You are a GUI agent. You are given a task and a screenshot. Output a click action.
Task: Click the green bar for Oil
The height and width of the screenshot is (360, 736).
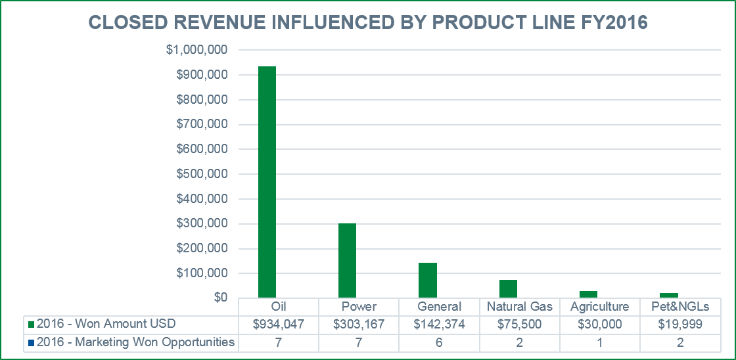point(267,182)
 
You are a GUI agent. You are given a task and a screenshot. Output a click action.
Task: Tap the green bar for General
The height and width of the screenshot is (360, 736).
point(427,281)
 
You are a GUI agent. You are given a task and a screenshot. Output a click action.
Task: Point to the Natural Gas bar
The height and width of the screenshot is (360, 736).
point(508,289)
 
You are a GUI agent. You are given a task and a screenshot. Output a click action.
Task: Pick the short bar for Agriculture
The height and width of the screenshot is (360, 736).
point(588,294)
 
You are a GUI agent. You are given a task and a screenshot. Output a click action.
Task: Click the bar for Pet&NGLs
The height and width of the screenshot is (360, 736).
point(668,296)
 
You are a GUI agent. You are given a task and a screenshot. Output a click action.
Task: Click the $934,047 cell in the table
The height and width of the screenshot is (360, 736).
point(279,324)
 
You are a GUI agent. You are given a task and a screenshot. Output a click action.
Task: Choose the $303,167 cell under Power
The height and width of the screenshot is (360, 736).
point(359,324)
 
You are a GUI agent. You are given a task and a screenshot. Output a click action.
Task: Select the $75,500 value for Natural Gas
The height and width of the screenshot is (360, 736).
point(519,324)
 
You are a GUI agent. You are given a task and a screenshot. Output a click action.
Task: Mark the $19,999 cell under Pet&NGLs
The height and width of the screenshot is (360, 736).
point(680,324)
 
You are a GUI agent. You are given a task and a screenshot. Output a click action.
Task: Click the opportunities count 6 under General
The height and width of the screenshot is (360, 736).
point(439,342)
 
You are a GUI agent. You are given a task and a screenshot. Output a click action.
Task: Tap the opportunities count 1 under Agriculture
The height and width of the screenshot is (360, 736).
point(599,342)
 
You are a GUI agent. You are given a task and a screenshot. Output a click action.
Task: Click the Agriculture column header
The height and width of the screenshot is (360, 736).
point(599,307)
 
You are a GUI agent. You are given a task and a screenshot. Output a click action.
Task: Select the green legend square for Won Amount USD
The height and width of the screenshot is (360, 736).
point(31,325)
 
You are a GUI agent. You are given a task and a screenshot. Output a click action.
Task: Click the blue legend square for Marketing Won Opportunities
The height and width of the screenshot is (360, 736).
point(31,342)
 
